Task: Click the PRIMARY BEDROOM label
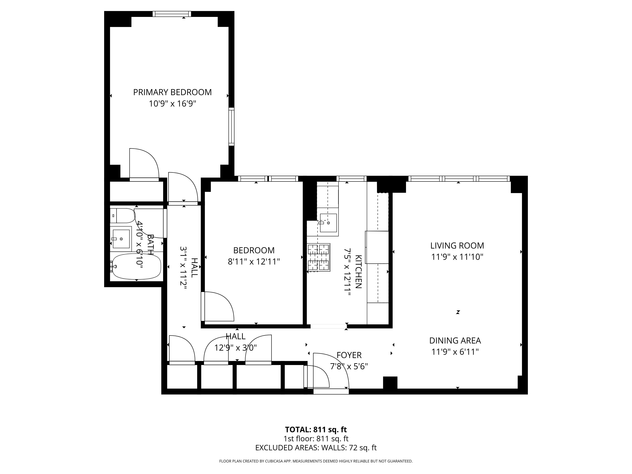(x=172, y=92)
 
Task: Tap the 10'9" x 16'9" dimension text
(x=172, y=104)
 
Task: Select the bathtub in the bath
(x=137, y=266)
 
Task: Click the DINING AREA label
(x=455, y=341)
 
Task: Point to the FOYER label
(x=349, y=355)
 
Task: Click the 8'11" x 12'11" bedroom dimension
(x=254, y=262)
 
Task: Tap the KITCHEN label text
(x=359, y=271)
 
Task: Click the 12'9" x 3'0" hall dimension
(x=235, y=348)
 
